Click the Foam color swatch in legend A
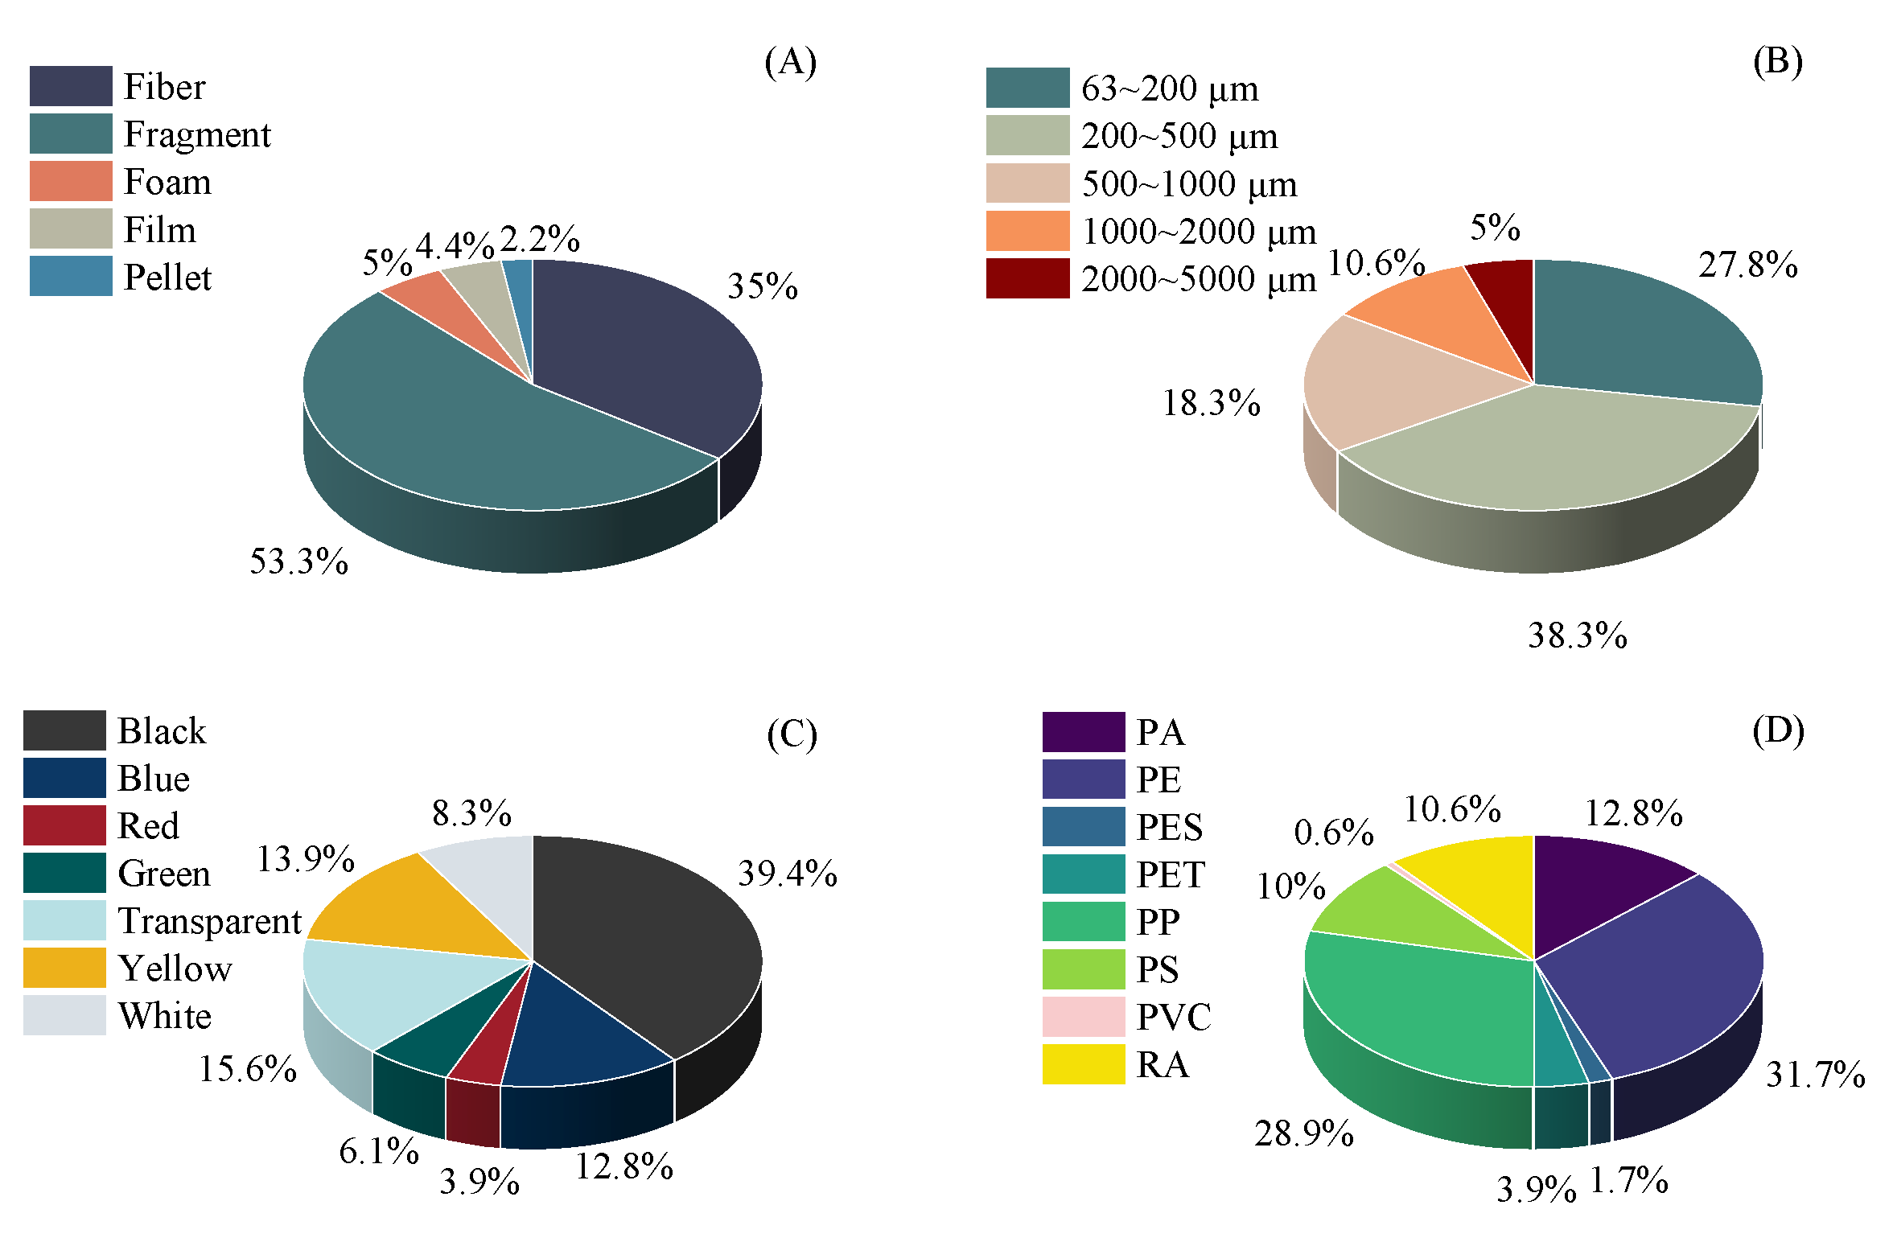pos(71,181)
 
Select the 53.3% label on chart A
pos(298,561)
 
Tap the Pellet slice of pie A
pos(521,298)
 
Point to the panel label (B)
pos(1777,62)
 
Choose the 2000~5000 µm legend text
pos(1198,279)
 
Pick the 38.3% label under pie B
pos(1577,636)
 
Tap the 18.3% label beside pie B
pos(1211,403)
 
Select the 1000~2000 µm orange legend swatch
pos(1027,231)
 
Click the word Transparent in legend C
pos(209,921)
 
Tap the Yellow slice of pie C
pos(402,909)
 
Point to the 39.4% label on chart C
pos(787,874)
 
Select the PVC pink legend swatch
pos(1083,1017)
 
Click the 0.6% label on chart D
pos(1333,833)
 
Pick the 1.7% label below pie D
pos(1628,1181)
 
